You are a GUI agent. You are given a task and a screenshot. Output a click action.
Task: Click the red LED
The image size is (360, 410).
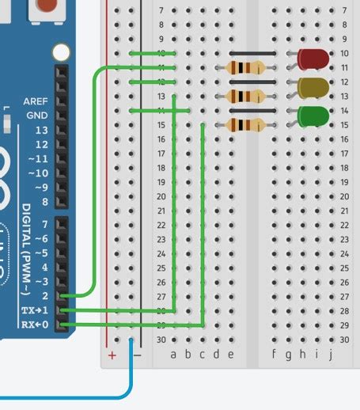pos(314,59)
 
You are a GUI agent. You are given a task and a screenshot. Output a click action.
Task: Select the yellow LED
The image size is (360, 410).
pos(314,88)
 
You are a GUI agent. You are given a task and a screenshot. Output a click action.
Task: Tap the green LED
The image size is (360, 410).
pos(314,116)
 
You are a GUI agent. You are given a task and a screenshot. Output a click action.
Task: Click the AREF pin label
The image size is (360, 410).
pos(34,102)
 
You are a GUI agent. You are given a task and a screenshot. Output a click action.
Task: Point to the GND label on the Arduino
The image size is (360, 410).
pos(36,116)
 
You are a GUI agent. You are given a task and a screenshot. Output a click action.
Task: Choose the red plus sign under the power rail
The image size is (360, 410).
pos(112,355)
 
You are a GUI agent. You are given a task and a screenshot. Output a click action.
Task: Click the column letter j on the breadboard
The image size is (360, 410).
pos(330,355)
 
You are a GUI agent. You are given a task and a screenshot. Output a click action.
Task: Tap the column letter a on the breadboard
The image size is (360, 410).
pos(174,355)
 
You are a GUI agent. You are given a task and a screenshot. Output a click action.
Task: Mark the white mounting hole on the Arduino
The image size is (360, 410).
pos(61,53)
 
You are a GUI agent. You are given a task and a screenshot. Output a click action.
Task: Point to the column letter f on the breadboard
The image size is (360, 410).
pos(274,355)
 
